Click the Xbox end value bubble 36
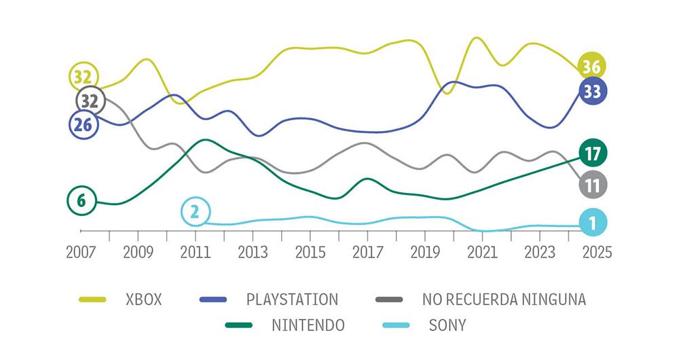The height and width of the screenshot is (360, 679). [592, 67]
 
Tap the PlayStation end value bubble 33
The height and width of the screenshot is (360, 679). [592, 91]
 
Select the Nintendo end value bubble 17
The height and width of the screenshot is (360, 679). [592, 154]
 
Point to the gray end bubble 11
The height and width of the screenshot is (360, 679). [592, 185]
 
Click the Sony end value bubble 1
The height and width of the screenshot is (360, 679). [592, 223]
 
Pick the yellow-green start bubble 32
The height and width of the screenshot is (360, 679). [84, 77]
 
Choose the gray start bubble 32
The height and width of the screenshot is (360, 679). [89, 101]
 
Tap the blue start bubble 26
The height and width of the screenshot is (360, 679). [84, 124]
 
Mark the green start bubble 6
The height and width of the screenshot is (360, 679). [81, 200]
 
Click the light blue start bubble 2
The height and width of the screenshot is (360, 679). [195, 213]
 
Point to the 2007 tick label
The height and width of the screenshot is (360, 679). [81, 252]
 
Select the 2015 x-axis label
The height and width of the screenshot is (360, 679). [310, 252]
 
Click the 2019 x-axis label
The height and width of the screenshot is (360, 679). [424, 252]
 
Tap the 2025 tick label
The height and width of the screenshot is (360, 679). [597, 252]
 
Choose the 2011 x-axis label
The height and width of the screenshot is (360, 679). [196, 252]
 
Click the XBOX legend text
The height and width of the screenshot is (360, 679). [144, 300]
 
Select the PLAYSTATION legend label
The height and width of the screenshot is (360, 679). [292, 300]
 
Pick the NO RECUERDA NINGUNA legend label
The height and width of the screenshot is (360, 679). [503, 300]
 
